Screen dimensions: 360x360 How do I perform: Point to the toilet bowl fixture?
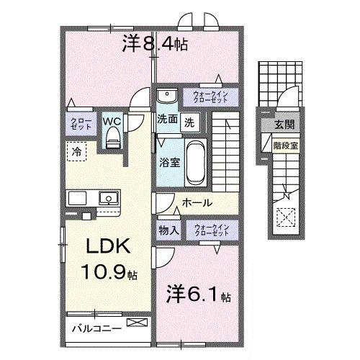click(x=112, y=141)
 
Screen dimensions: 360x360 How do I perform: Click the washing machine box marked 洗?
click(x=190, y=121)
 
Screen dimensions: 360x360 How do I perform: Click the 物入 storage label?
click(x=168, y=230)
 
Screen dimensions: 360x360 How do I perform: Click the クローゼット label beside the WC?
click(x=78, y=123)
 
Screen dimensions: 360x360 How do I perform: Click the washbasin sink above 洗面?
click(x=167, y=96)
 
